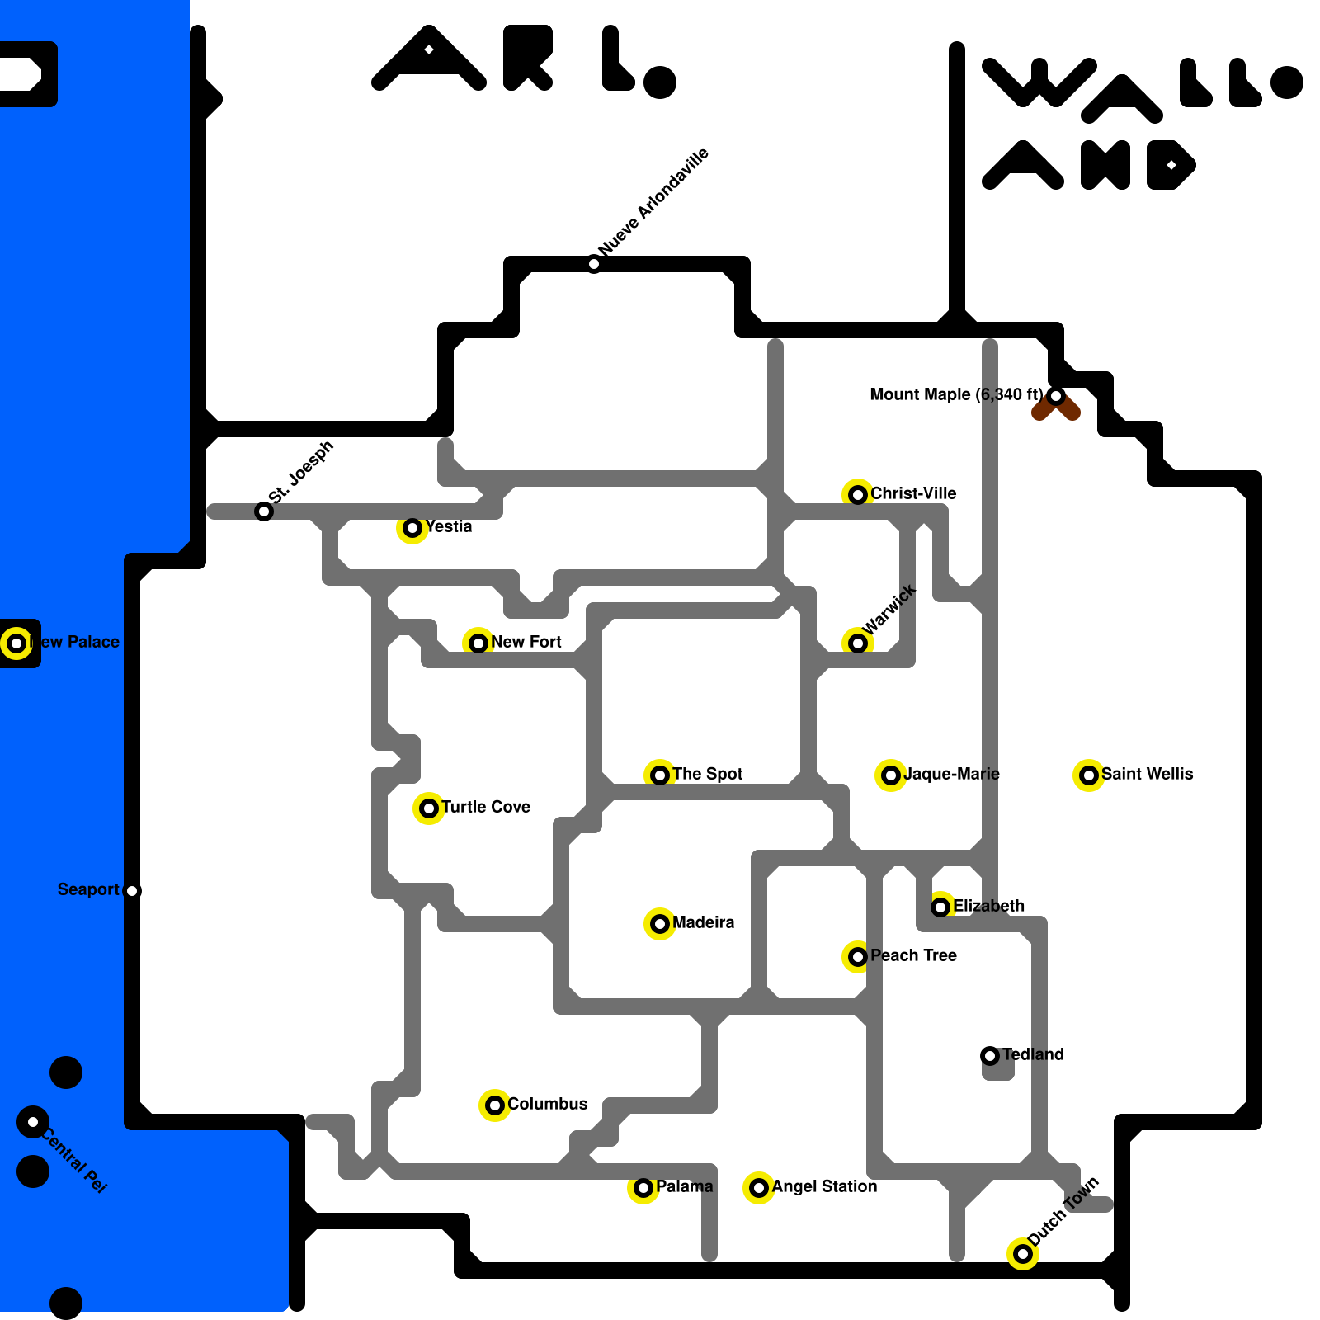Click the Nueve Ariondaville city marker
[x=594, y=264]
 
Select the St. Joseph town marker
[x=264, y=511]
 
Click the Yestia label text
[x=449, y=526]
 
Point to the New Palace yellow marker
[x=16, y=643]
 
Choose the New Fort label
[x=526, y=642]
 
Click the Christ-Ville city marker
[x=858, y=495]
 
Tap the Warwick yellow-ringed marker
[x=858, y=643]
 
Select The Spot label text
[x=707, y=774]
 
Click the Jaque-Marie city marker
[x=891, y=775]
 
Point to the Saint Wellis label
[x=1147, y=774]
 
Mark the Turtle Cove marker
[x=429, y=808]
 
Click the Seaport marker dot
[x=132, y=891]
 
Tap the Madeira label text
[x=703, y=922]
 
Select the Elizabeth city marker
[x=940, y=907]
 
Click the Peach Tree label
[x=913, y=955]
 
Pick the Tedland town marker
[x=990, y=1056]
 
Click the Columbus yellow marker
[x=495, y=1105]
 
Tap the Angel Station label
[x=824, y=1186]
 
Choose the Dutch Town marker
[x=1023, y=1254]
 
